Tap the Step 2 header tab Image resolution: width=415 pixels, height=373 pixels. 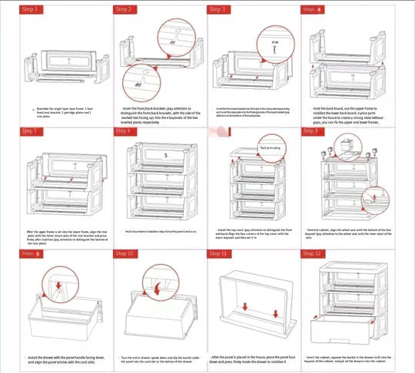point(124,9)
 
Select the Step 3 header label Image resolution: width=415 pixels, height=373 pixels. point(218,9)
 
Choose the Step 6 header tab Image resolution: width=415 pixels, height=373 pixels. point(124,130)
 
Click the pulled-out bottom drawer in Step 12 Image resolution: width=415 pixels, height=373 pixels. point(350,331)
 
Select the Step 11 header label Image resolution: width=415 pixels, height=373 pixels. point(218,253)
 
